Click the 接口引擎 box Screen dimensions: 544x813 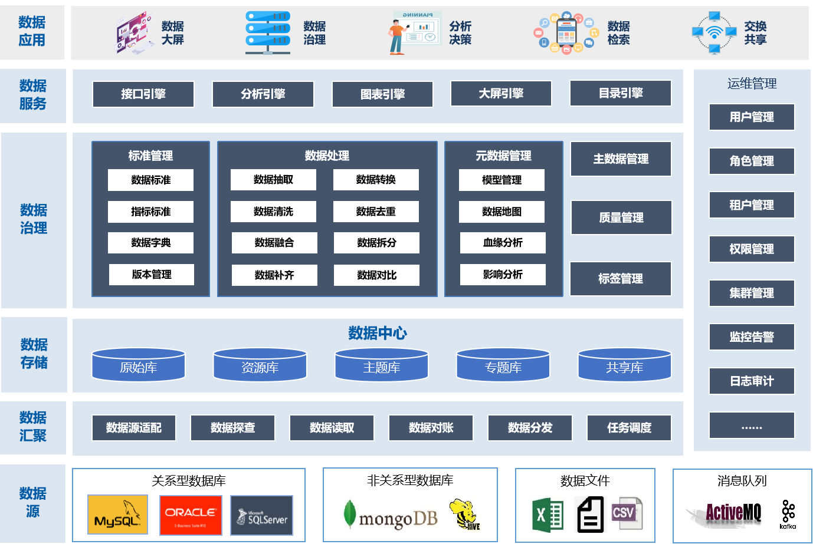[x=143, y=94]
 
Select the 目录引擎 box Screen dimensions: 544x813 [x=621, y=93]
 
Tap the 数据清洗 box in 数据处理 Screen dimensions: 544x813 [x=273, y=212]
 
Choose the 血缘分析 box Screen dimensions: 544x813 [x=503, y=243]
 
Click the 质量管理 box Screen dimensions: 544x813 [x=621, y=217]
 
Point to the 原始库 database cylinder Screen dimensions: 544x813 [x=139, y=365]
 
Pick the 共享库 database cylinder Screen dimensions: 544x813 [x=625, y=365]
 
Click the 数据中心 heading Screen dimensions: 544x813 [x=378, y=333]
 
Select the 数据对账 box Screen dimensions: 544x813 [x=431, y=428]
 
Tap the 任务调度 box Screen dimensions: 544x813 [x=629, y=428]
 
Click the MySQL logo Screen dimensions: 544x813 [x=117, y=515]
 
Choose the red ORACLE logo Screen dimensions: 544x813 [x=191, y=515]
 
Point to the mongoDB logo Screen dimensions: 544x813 [x=391, y=516]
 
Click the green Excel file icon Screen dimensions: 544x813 [x=548, y=515]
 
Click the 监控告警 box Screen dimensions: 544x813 [x=752, y=337]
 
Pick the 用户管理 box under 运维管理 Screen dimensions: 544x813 [x=752, y=117]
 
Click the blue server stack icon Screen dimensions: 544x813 [x=268, y=32]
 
